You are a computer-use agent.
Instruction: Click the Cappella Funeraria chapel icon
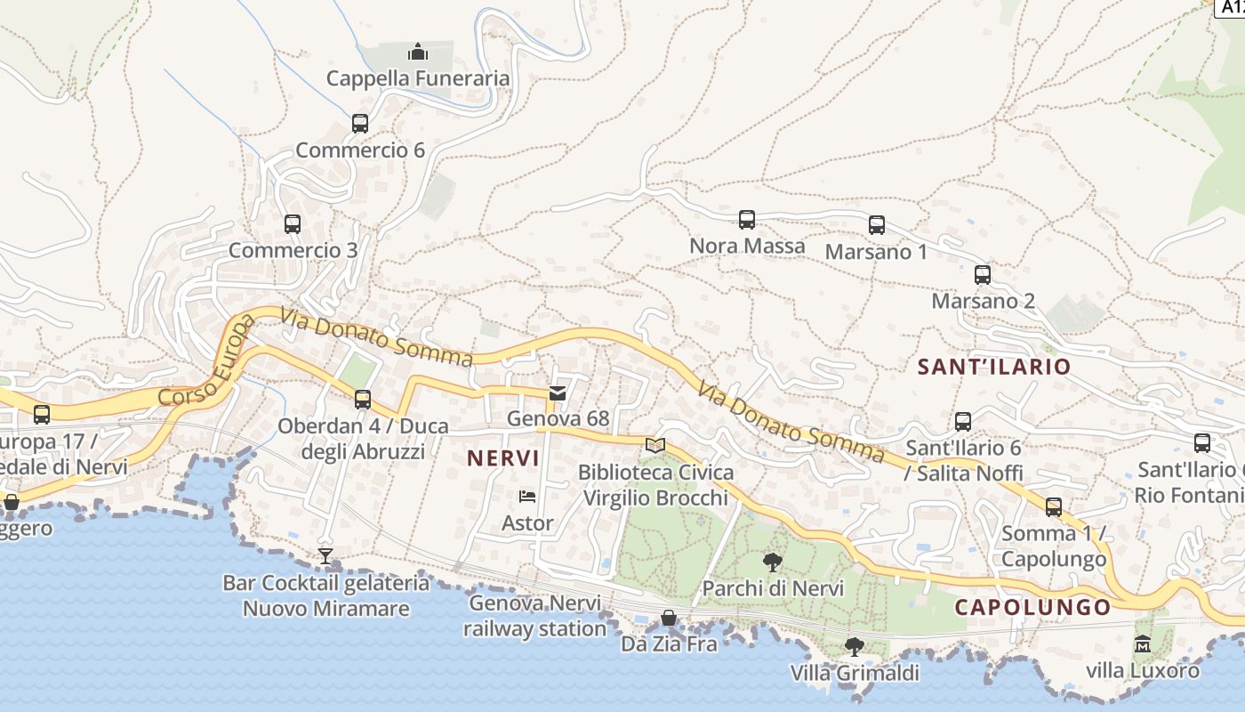coord(418,53)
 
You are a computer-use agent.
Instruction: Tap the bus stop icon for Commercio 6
coord(360,124)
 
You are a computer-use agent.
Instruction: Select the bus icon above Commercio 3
coord(293,224)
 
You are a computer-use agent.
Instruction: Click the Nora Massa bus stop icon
coord(747,219)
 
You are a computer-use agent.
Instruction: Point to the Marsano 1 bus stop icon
coord(877,225)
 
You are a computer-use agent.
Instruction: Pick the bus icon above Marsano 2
coord(983,275)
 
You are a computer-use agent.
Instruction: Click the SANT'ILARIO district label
coord(994,367)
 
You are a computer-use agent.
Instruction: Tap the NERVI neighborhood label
coord(503,458)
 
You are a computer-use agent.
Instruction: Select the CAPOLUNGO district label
coord(1032,608)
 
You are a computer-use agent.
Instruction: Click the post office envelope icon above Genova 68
coord(558,392)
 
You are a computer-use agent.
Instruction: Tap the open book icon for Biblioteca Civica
coord(655,445)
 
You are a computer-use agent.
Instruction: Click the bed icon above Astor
coord(527,497)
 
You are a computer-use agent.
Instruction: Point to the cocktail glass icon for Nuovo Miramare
coord(325,557)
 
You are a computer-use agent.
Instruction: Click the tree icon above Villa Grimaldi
coord(855,647)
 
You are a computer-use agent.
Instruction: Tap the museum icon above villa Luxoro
coord(1143,643)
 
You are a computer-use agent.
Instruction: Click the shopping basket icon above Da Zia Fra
coord(669,618)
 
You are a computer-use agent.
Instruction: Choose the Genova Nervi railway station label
coord(534,616)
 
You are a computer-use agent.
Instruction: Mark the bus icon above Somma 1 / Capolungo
coord(1054,507)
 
